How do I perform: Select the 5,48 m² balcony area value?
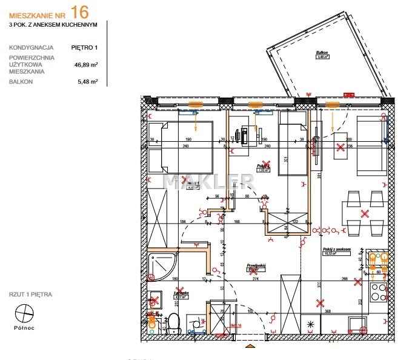pos(86,81)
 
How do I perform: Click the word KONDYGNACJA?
pos(32,47)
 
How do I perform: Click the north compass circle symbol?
pos(24,313)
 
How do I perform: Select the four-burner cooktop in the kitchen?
pos(379,288)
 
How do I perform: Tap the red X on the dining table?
pos(365,213)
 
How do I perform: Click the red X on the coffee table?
pos(341,147)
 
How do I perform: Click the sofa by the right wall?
pos(371,147)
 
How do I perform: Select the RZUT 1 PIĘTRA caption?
pos(31,294)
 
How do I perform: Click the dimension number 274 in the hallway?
pos(254,278)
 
